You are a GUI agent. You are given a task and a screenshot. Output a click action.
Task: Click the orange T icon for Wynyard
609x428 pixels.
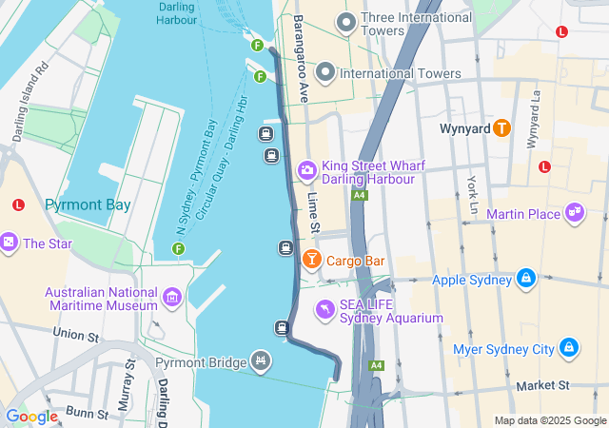[501, 127]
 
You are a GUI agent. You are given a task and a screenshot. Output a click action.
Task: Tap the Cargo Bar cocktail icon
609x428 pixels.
[311, 259]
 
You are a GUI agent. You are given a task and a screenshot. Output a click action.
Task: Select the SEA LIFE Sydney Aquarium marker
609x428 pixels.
[325, 309]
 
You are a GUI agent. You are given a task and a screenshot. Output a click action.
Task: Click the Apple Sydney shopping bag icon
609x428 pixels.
[524, 279]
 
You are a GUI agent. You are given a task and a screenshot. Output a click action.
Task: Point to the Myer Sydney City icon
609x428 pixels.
[569, 348]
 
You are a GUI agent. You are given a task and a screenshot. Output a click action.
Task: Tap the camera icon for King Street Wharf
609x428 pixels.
[306, 170]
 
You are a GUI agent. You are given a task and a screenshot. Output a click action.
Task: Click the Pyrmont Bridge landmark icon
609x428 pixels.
[260, 360]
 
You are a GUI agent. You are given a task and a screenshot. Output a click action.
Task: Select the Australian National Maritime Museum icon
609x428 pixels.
[172, 298]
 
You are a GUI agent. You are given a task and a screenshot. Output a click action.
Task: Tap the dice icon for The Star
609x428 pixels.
[9, 243]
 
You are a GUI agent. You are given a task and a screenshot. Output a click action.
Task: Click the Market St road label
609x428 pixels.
[542, 385]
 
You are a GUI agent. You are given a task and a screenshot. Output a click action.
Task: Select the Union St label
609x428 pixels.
[76, 335]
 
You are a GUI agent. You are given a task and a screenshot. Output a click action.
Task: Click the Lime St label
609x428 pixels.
[313, 212]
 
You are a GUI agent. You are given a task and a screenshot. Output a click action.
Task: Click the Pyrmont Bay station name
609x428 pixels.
[88, 204]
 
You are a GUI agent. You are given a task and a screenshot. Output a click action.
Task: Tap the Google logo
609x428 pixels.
[31, 416]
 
